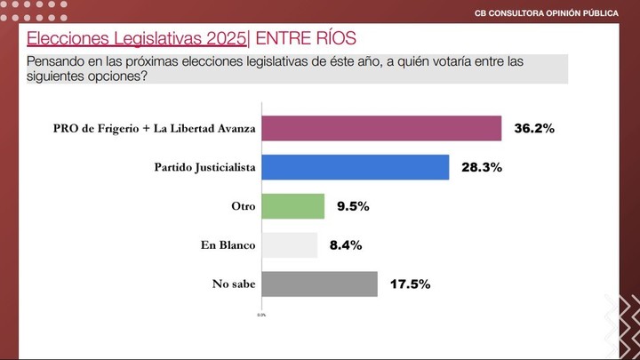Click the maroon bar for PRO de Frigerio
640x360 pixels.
coord(382,129)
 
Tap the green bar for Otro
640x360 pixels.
coord(293,206)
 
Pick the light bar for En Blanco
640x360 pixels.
coord(290,245)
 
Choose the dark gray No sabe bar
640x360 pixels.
coord(320,284)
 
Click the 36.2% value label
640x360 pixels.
coord(534,129)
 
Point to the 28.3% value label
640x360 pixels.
coord(481,167)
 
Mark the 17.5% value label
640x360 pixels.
coord(410,284)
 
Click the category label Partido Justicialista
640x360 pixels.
coord(205,167)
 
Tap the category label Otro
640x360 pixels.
coord(244,206)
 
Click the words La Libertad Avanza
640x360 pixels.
coord(204,129)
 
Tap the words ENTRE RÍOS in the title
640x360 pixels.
coord(304,39)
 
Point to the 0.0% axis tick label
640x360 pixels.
coord(261,315)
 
